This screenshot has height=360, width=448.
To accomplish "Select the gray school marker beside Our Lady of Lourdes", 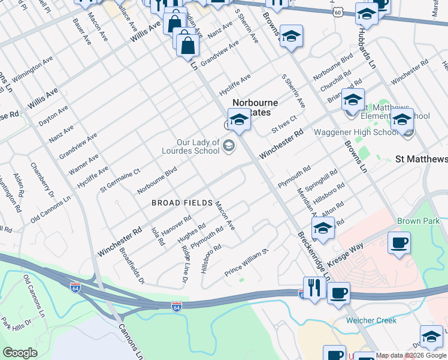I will tap(228, 145).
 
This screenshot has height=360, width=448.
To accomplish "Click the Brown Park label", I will tap(417, 221).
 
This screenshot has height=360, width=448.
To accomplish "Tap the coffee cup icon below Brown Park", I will tap(399, 244).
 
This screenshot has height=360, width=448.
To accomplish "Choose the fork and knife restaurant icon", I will tap(314, 287).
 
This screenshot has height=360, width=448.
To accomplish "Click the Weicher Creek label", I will tap(371, 320).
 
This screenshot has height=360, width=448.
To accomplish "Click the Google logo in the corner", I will tap(20, 352).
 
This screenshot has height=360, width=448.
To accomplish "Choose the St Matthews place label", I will tap(422, 159).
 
